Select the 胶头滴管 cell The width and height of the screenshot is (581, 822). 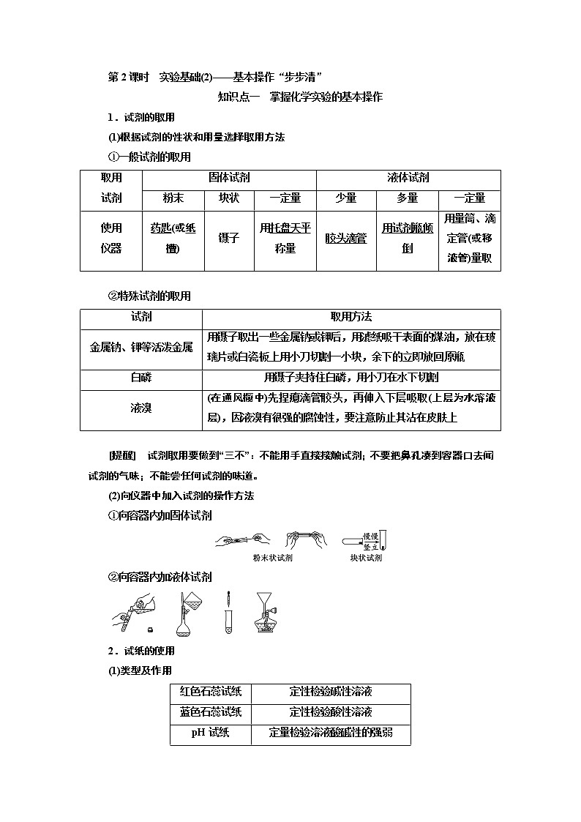coord(345,239)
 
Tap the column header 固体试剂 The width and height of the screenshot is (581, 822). coord(228,178)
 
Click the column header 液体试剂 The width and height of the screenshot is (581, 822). coord(408,178)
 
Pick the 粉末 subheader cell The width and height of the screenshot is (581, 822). coord(173,198)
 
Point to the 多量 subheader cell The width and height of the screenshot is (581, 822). coord(407,198)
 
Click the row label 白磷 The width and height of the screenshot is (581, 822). coord(140,377)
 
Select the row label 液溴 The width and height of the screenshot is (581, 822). coord(140,408)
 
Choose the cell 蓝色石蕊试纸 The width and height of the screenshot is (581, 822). coord(211,711)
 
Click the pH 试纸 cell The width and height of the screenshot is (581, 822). coord(211,733)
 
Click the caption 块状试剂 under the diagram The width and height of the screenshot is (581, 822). coord(366,558)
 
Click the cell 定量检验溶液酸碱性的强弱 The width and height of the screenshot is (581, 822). coord(331,733)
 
